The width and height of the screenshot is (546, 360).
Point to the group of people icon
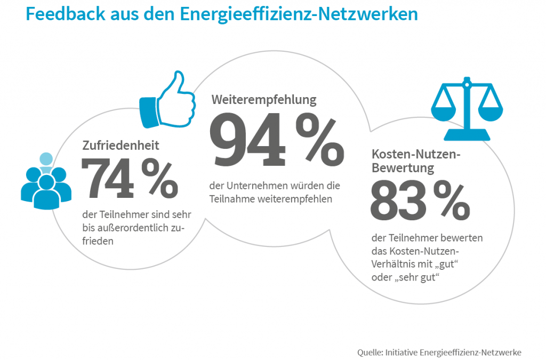tap(46, 181)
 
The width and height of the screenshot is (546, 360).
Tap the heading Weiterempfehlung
tap(264, 100)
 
